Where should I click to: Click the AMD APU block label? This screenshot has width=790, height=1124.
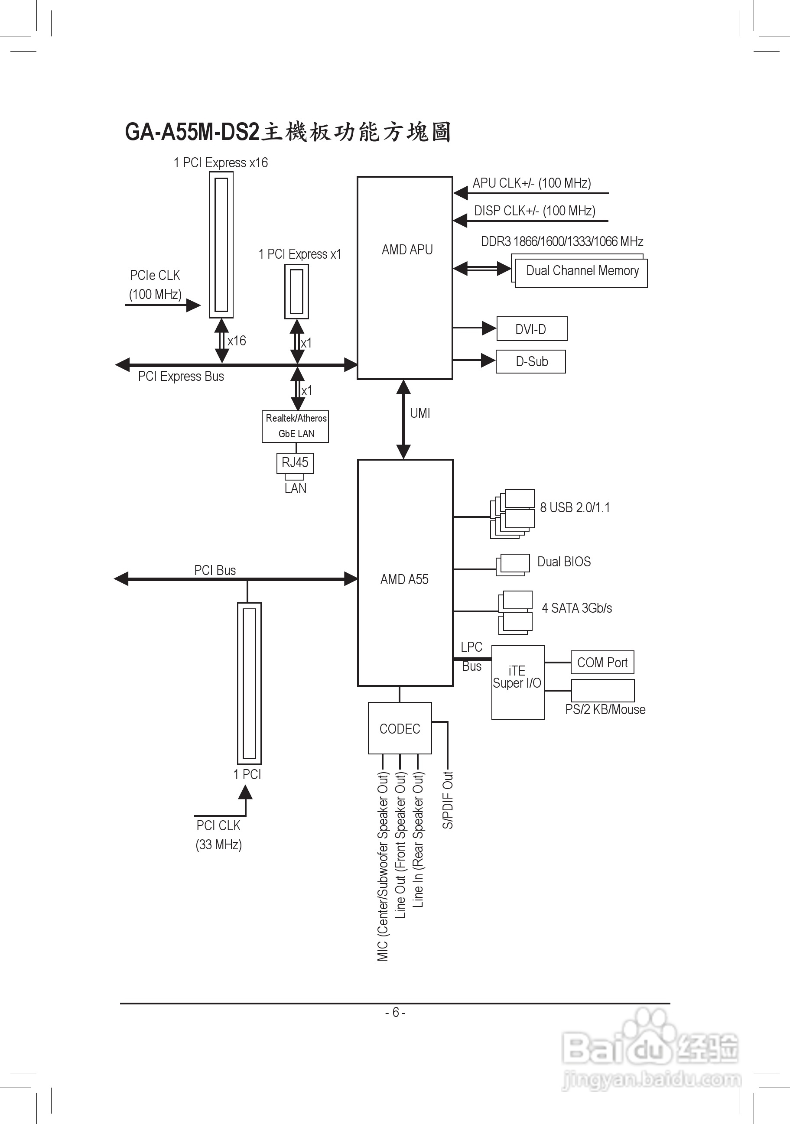click(x=407, y=250)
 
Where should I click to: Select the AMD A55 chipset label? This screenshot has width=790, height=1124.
click(x=404, y=580)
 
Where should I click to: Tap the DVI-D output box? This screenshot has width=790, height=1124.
click(x=532, y=329)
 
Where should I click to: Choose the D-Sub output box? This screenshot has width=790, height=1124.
click(x=531, y=362)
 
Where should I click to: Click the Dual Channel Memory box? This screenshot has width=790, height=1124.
click(x=582, y=271)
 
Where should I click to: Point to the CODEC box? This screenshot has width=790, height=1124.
click(x=400, y=729)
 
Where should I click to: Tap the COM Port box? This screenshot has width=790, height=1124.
click(x=602, y=663)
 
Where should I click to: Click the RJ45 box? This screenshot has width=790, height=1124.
click(x=295, y=463)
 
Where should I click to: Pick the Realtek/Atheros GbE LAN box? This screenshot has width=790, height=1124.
click(x=296, y=426)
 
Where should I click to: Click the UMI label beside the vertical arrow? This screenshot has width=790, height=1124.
click(x=420, y=413)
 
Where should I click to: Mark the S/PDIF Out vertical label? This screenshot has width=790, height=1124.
click(x=448, y=800)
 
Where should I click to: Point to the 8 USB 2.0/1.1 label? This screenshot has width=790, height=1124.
click(x=575, y=508)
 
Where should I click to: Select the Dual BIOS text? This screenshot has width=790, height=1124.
click(x=564, y=562)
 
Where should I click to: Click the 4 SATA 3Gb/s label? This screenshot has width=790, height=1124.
click(x=577, y=608)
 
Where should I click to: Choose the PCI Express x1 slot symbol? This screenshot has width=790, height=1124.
click(x=296, y=291)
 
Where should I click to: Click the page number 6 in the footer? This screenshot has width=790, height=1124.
click(x=396, y=1012)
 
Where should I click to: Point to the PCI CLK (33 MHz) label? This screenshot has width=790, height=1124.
click(x=219, y=835)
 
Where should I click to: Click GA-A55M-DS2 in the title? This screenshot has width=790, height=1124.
click(x=192, y=132)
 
